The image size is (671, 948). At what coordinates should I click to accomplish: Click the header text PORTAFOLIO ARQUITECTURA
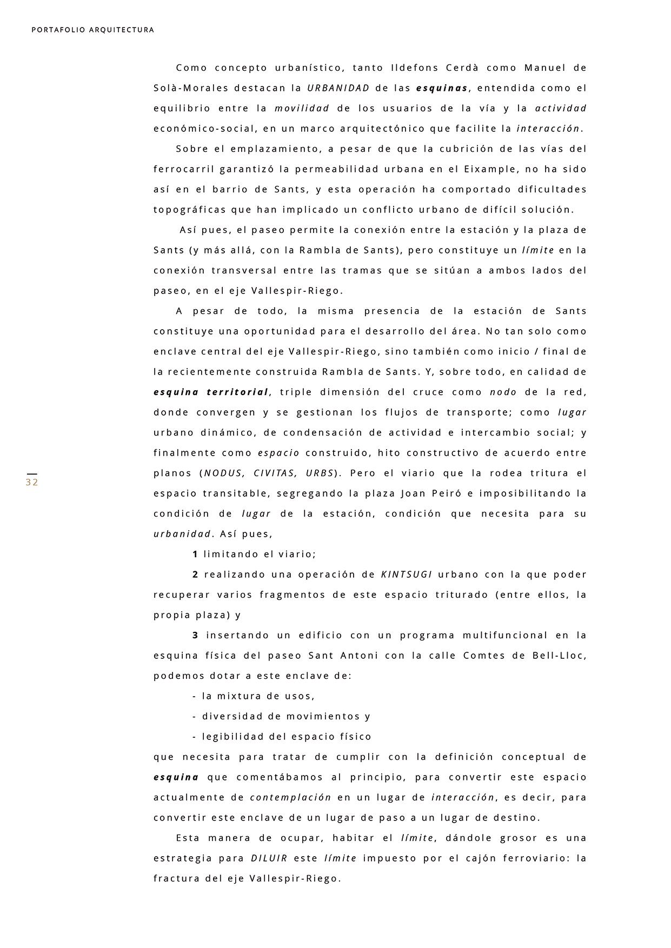pyautogui.click(x=93, y=30)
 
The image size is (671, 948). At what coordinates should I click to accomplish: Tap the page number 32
pyautogui.click(x=32, y=483)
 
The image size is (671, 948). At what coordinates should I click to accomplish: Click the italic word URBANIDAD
pyautogui.click(x=338, y=88)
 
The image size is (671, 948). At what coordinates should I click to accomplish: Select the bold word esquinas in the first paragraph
pyautogui.click(x=442, y=88)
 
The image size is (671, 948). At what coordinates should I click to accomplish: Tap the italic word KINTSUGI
pyautogui.click(x=407, y=575)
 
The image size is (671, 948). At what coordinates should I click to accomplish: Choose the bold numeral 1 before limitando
pyautogui.click(x=195, y=554)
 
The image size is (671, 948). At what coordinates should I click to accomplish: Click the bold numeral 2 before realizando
pyautogui.click(x=195, y=575)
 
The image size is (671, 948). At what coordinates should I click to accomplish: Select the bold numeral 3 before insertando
pyautogui.click(x=195, y=635)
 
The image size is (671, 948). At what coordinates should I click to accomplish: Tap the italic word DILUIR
pyautogui.click(x=269, y=858)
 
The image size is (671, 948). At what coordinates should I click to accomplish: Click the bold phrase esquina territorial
pyautogui.click(x=211, y=392)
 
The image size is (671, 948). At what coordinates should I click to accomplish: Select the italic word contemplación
pyautogui.click(x=290, y=798)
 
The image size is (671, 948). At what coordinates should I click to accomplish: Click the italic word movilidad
pyautogui.click(x=302, y=109)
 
